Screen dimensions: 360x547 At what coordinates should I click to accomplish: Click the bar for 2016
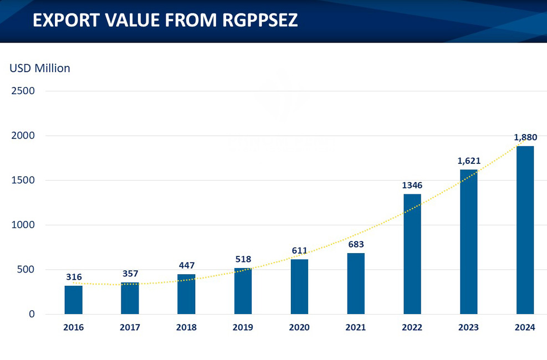[x=74, y=300]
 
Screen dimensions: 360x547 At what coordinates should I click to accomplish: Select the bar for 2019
[x=243, y=291]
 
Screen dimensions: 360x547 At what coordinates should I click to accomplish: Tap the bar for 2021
[x=356, y=284]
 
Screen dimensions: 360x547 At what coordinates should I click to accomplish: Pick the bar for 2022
[x=412, y=254]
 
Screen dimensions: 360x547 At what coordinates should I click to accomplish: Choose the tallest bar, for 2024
[x=525, y=230]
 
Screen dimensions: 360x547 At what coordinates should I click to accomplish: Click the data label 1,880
[x=525, y=137]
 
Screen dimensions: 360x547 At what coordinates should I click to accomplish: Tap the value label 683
[x=356, y=244]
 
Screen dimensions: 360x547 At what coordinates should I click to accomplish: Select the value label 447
[x=186, y=265]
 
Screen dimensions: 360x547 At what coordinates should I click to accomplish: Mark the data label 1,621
[x=469, y=161]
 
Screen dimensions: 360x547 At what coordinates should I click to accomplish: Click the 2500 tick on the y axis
[x=23, y=91]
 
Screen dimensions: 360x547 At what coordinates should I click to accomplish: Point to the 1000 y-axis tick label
[x=23, y=225]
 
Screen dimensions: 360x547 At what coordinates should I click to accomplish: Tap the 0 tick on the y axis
[x=31, y=314]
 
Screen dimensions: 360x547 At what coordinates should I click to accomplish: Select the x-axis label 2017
[x=130, y=327]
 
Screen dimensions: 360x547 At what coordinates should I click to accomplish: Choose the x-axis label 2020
[x=299, y=327]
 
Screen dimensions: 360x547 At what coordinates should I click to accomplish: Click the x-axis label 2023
[x=469, y=327]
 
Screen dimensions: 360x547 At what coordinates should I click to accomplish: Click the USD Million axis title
[x=40, y=68]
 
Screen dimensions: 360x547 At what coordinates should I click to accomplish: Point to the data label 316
[x=74, y=277]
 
